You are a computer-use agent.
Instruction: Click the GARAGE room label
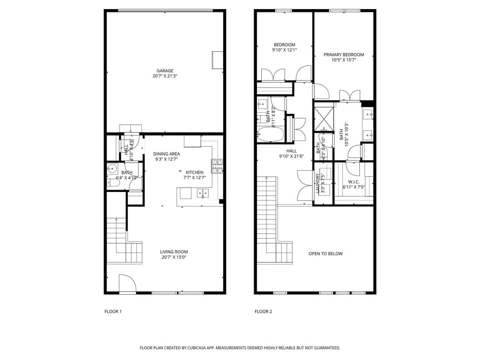pos(165,71)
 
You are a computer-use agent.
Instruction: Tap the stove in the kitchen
pos(217,166)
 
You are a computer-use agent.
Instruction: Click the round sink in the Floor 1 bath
pos(112,169)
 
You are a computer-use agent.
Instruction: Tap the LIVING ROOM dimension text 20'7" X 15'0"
pos(174,257)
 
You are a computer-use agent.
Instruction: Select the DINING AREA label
pos(166,154)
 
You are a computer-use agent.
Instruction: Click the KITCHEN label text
pos(194,172)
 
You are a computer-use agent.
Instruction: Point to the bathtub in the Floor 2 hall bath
pos(270,134)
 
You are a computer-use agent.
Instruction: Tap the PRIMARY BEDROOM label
pos(344,55)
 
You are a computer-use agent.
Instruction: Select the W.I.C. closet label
pos(354,182)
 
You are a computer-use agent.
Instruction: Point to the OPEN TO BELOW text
pos(326,254)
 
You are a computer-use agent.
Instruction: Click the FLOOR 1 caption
pos(113,312)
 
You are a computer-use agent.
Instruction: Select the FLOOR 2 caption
pos(263,312)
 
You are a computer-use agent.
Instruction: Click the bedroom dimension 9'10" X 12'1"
pos(284,50)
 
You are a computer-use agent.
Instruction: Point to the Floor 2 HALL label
pos(291,151)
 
